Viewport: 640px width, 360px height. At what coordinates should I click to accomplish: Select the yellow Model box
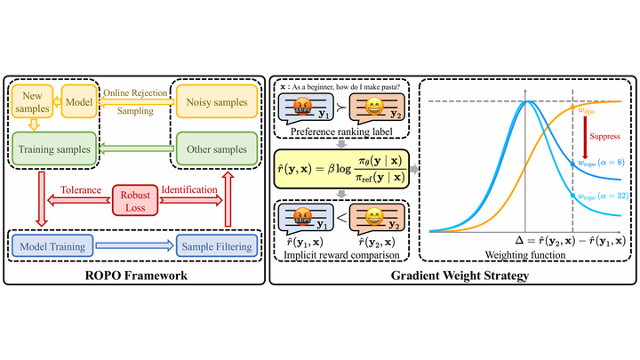pos(78,101)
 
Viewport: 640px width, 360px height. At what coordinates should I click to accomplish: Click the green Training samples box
pos(57,150)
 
